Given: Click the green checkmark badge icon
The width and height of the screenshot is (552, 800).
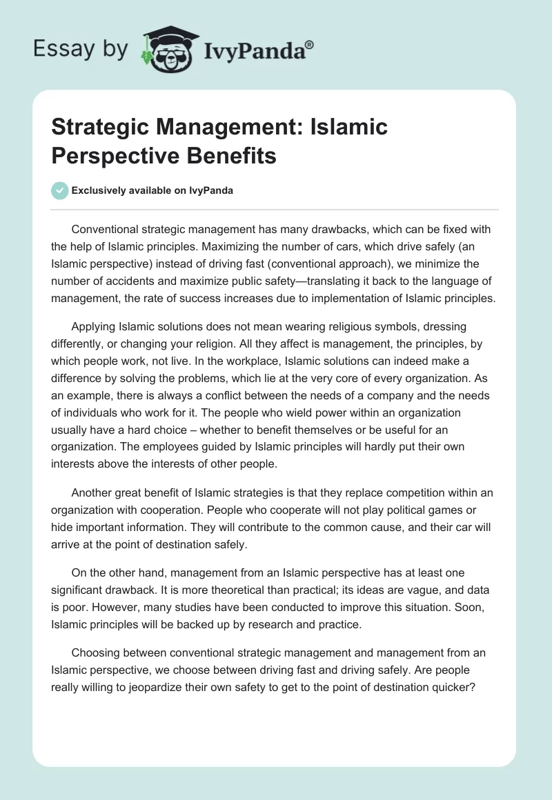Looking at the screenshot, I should coord(60,191).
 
